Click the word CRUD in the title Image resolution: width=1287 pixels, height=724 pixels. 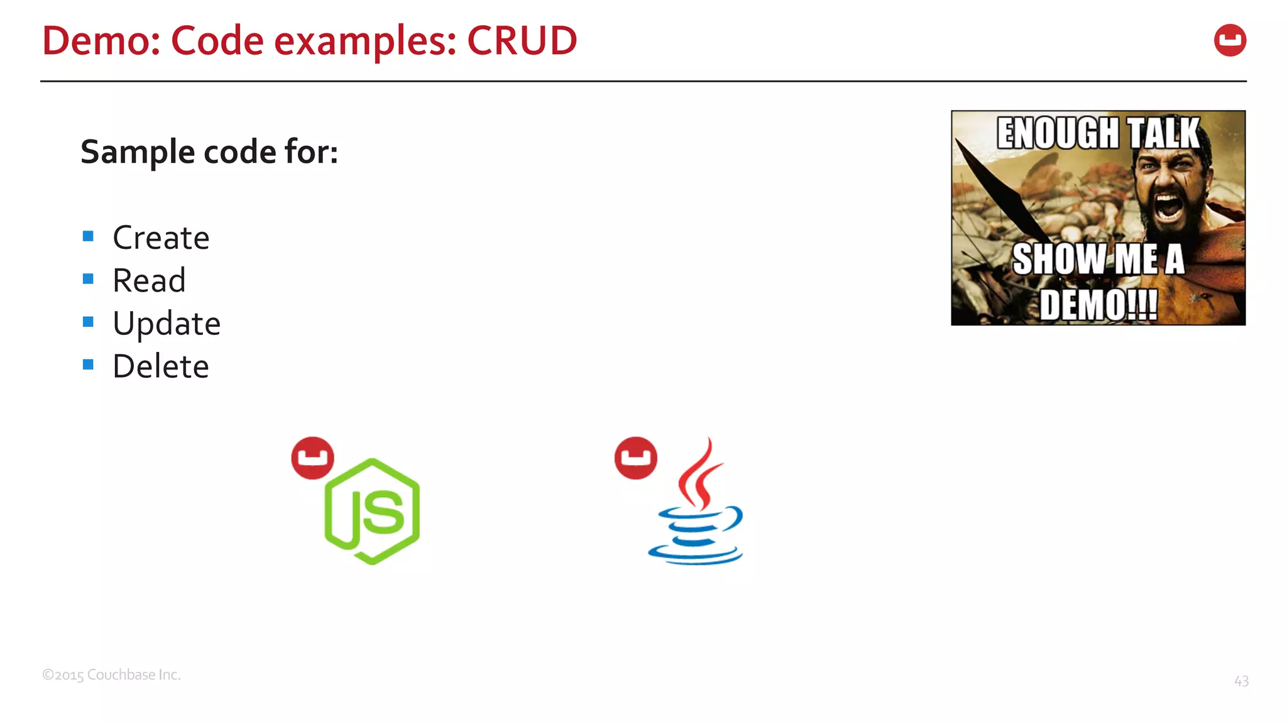tap(522, 41)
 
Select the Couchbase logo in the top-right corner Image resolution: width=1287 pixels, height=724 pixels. tap(1230, 40)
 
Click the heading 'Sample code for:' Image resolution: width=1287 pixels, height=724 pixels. tap(209, 152)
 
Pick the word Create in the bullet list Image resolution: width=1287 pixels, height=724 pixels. tap(161, 238)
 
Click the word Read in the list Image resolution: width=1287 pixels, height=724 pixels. tap(149, 280)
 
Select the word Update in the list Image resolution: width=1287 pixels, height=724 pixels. tap(167, 324)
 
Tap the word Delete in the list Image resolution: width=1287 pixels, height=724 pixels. tap(161, 366)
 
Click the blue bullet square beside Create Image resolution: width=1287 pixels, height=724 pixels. tap(88, 236)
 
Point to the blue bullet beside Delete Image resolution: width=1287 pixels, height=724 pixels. tap(88, 365)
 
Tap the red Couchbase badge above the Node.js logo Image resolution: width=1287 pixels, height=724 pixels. tap(312, 458)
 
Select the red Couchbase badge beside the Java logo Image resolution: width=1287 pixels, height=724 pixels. tap(635, 458)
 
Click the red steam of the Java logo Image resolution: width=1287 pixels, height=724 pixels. tap(701, 474)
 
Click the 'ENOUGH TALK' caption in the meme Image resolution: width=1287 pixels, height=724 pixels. tap(1098, 133)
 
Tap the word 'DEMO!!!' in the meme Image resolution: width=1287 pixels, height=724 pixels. tap(1098, 305)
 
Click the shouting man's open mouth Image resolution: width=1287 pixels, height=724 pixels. tap(1168, 207)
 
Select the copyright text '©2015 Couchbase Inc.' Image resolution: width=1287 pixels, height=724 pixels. tap(111, 675)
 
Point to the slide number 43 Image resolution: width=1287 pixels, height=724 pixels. tap(1241, 681)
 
